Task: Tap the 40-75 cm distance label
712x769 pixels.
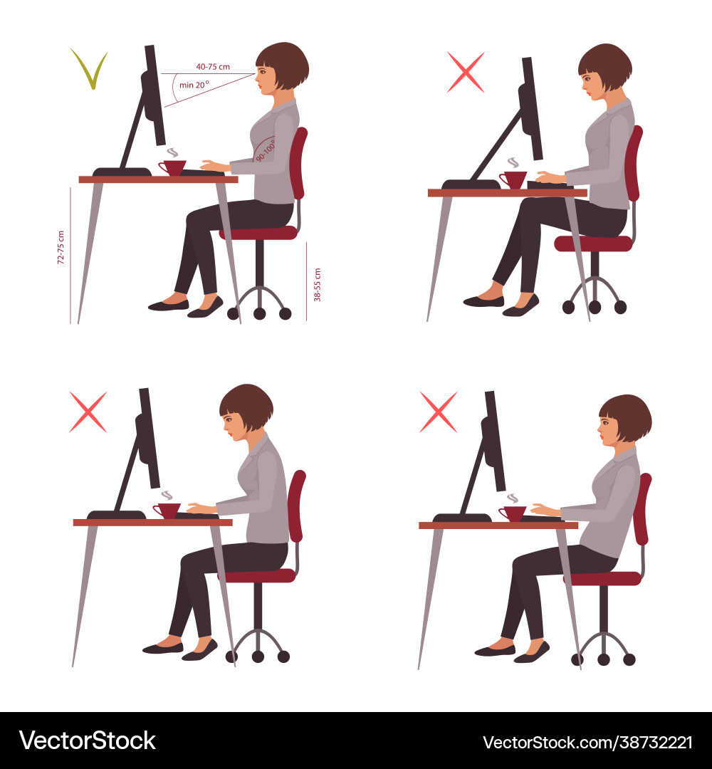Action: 213,67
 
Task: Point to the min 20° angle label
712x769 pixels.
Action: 193,85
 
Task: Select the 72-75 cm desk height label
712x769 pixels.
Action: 61,248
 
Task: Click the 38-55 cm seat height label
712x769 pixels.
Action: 317,284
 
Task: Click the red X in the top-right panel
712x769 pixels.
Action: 466,72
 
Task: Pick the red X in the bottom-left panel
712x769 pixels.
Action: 88,412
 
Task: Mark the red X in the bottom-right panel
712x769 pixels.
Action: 438,412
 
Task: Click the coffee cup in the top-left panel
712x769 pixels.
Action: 172,167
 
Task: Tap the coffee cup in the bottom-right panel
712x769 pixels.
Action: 513,513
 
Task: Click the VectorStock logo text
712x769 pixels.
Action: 87,741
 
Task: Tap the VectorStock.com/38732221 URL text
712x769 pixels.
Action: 587,742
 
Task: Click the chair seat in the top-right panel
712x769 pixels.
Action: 593,244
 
